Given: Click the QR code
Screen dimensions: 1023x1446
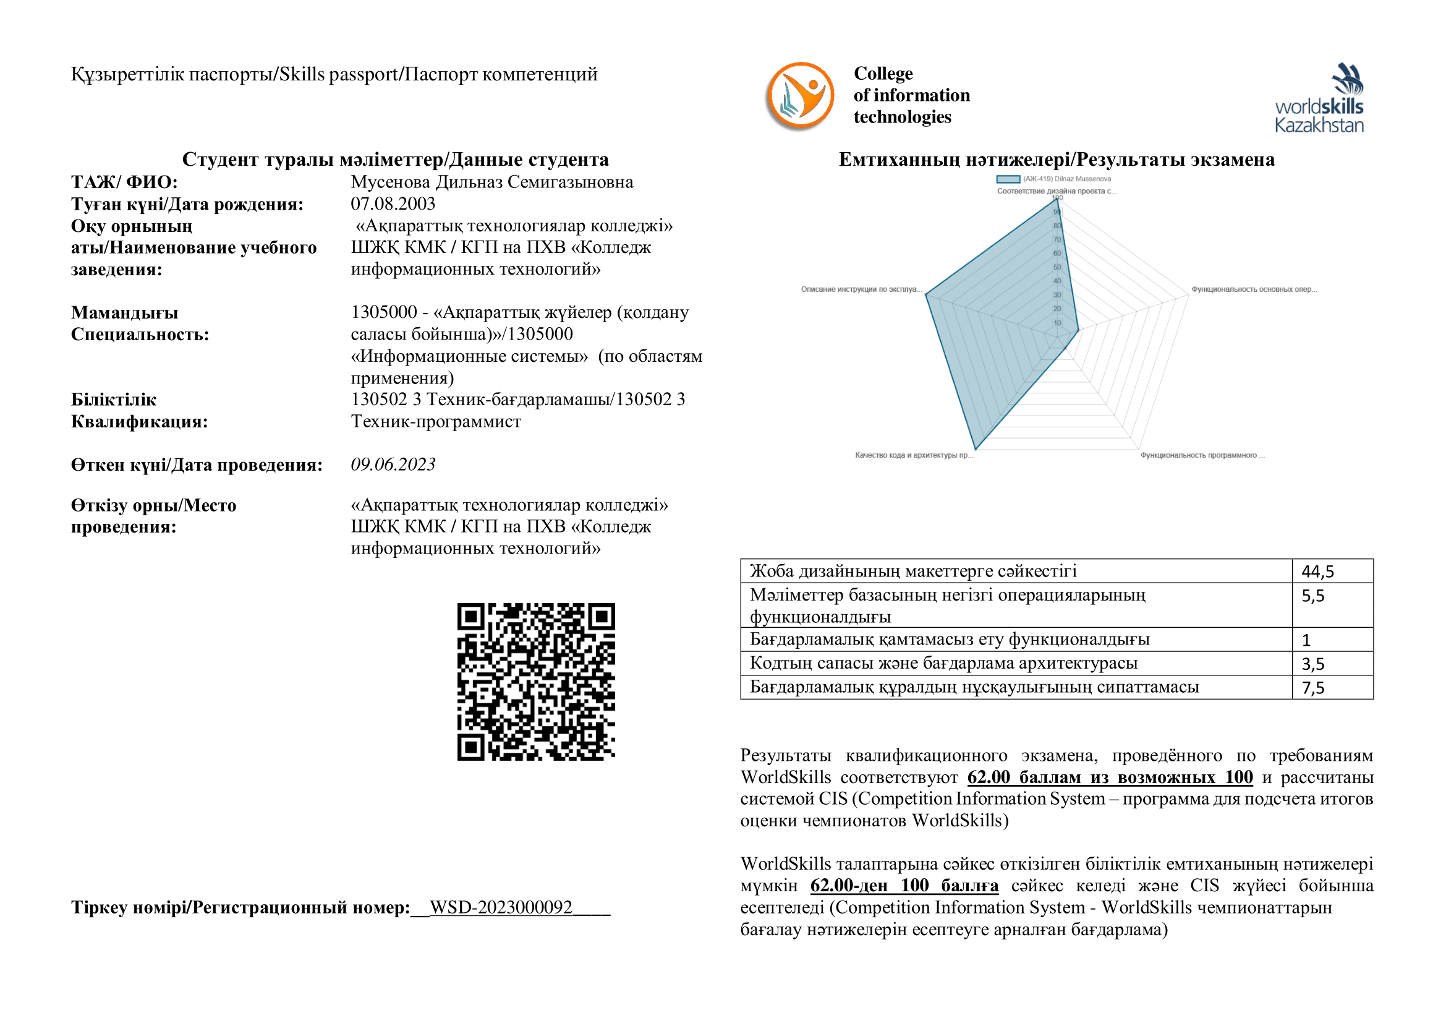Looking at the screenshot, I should [536, 682].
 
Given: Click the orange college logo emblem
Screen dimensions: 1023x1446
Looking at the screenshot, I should [800, 96].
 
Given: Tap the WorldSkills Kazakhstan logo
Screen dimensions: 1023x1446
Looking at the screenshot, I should [1319, 98].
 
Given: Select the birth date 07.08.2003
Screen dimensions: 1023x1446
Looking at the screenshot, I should [393, 204].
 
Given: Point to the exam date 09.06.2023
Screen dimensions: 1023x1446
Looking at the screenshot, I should [393, 464].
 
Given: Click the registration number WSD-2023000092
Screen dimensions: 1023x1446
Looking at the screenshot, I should [501, 907].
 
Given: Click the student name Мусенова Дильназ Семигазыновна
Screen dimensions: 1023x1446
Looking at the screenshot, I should [492, 182].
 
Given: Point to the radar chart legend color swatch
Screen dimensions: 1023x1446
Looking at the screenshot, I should [1008, 179].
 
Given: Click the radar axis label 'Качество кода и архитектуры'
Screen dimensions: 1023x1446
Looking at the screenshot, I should [914, 455].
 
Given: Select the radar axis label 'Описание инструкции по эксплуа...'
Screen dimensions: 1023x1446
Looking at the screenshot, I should [861, 289].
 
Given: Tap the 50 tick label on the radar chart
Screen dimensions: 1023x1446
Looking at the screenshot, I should [1057, 267].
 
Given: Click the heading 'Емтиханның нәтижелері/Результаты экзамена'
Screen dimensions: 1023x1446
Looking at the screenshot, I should [1056, 160].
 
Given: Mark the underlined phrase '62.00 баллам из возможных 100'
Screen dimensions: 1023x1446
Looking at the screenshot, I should [1110, 777].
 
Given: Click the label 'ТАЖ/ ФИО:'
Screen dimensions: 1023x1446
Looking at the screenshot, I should [124, 182].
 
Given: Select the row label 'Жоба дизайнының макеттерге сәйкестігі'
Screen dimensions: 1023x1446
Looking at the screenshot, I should [913, 571].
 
